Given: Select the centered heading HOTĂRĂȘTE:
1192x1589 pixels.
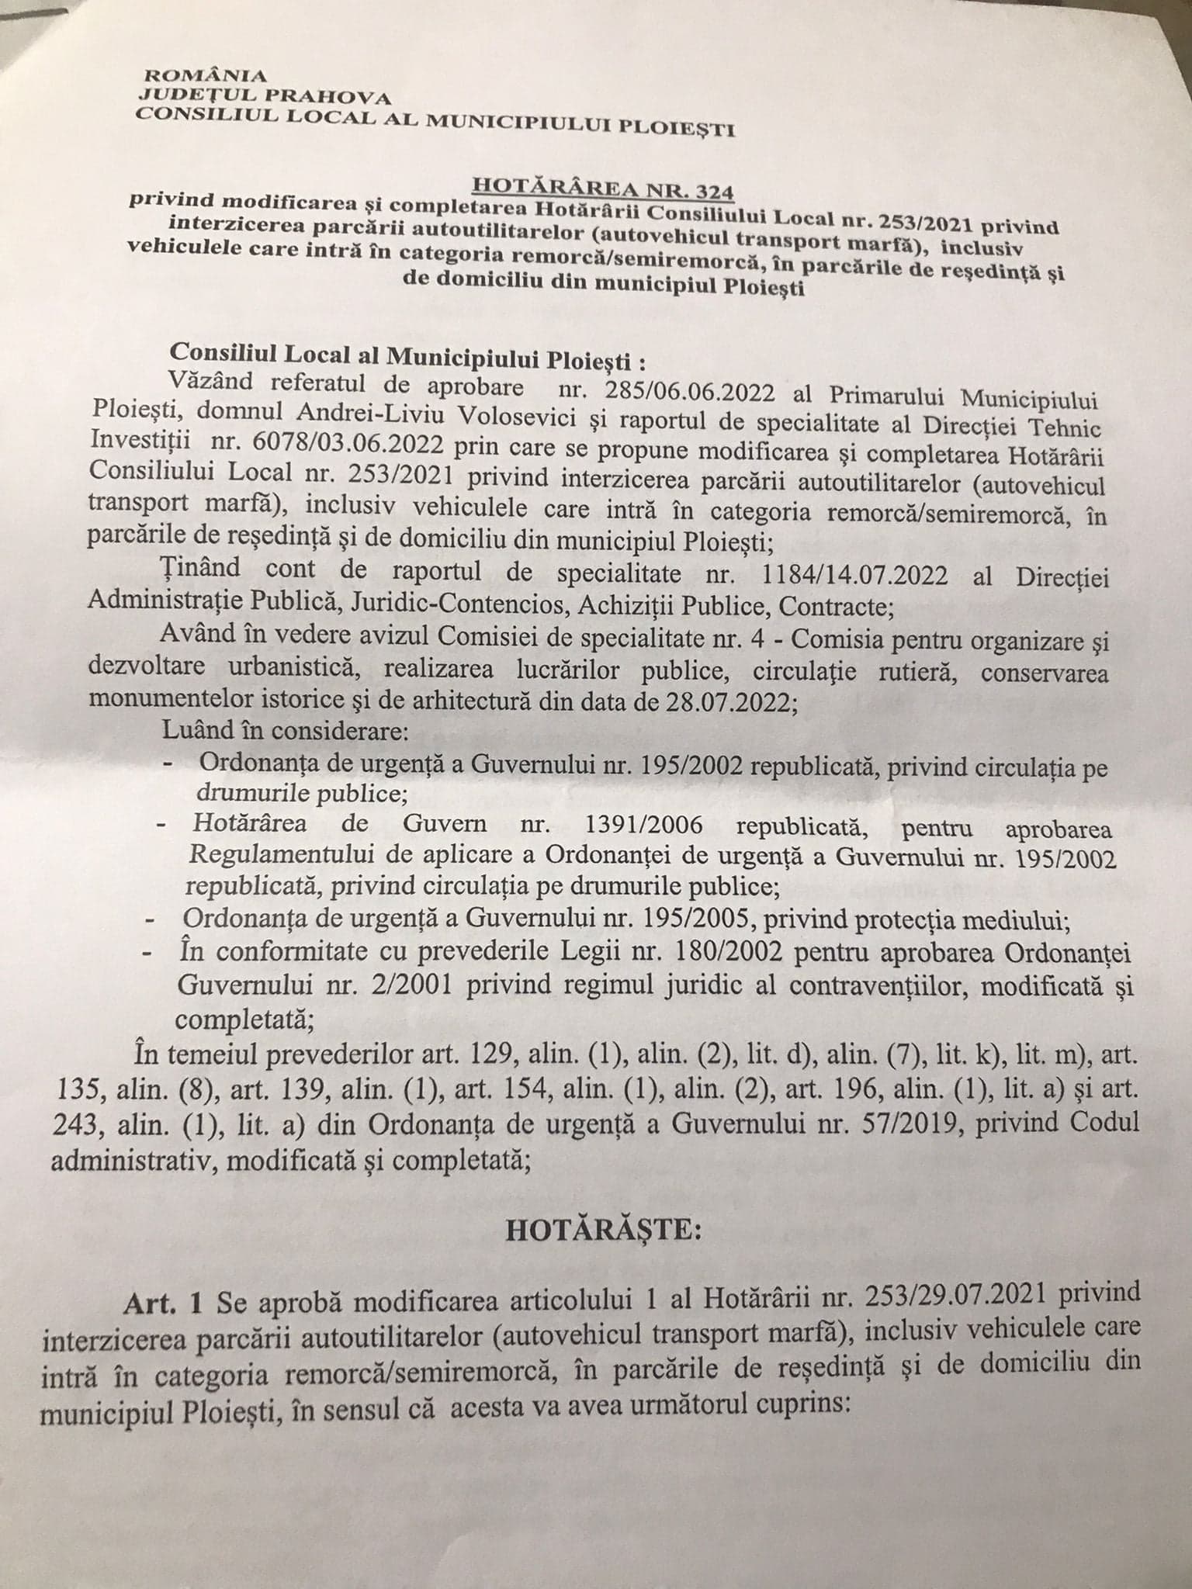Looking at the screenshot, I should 594,1234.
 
